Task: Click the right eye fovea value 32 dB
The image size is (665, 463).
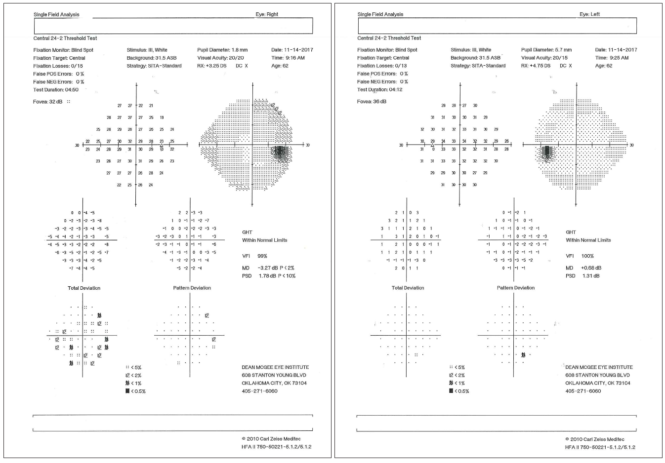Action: click(56, 102)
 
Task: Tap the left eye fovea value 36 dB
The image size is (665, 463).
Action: click(379, 102)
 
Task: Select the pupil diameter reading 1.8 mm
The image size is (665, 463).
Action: click(240, 50)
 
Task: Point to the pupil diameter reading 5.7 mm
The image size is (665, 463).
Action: click(563, 50)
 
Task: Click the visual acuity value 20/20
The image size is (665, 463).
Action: click(235, 58)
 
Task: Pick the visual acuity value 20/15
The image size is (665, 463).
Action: click(560, 58)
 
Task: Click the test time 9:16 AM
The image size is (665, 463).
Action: click(295, 58)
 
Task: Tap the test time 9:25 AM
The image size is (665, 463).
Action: click(619, 58)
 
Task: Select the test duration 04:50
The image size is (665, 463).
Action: click(68, 90)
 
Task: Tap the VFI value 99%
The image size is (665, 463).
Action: click(262, 256)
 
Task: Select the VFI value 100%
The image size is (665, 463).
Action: click(587, 256)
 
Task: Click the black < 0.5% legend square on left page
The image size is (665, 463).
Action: click(127, 391)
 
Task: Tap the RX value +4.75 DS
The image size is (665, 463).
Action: click(540, 66)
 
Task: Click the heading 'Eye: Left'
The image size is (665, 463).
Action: click(589, 14)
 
